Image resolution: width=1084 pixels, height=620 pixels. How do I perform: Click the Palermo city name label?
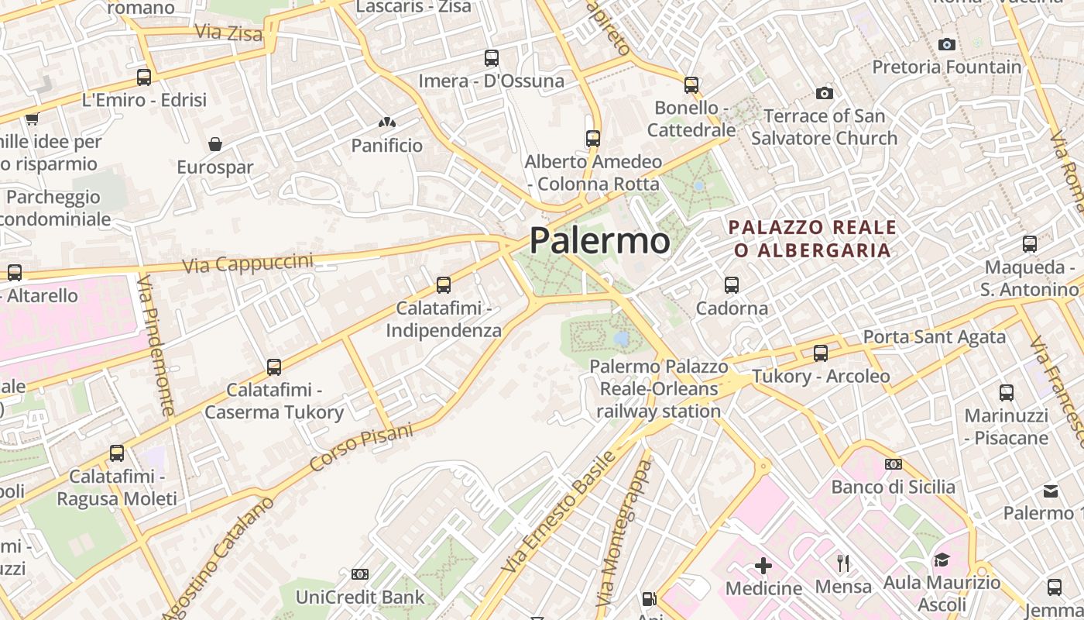pos(599,240)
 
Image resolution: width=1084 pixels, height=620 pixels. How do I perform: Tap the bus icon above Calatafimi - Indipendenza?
pos(444,284)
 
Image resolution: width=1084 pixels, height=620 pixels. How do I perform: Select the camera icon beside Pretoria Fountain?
pos(946,44)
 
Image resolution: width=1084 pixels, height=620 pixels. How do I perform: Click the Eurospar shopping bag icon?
pos(215,144)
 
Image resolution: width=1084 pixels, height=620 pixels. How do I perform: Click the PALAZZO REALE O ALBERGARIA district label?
pos(812,239)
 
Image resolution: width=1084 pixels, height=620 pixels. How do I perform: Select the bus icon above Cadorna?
pos(732,284)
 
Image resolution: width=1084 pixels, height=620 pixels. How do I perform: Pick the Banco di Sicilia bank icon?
pos(893,463)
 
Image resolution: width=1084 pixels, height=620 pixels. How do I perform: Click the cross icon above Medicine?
pos(763,565)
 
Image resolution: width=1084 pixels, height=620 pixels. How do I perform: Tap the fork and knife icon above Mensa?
pos(843,563)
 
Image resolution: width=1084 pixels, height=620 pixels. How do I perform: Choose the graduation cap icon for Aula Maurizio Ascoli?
pos(942,559)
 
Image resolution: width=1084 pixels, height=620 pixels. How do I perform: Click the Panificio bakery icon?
pos(386,122)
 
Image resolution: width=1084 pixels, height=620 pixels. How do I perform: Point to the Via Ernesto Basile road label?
pos(558,511)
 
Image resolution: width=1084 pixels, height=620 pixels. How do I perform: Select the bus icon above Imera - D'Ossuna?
pos(492,57)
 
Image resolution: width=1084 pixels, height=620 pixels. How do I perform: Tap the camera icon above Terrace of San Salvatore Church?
pos(825,93)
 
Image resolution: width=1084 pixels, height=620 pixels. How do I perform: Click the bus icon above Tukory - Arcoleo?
pos(821,353)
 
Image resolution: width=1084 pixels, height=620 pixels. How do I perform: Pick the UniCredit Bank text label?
pos(360,597)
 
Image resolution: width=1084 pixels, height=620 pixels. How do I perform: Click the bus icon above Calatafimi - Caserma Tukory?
pos(273,367)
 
